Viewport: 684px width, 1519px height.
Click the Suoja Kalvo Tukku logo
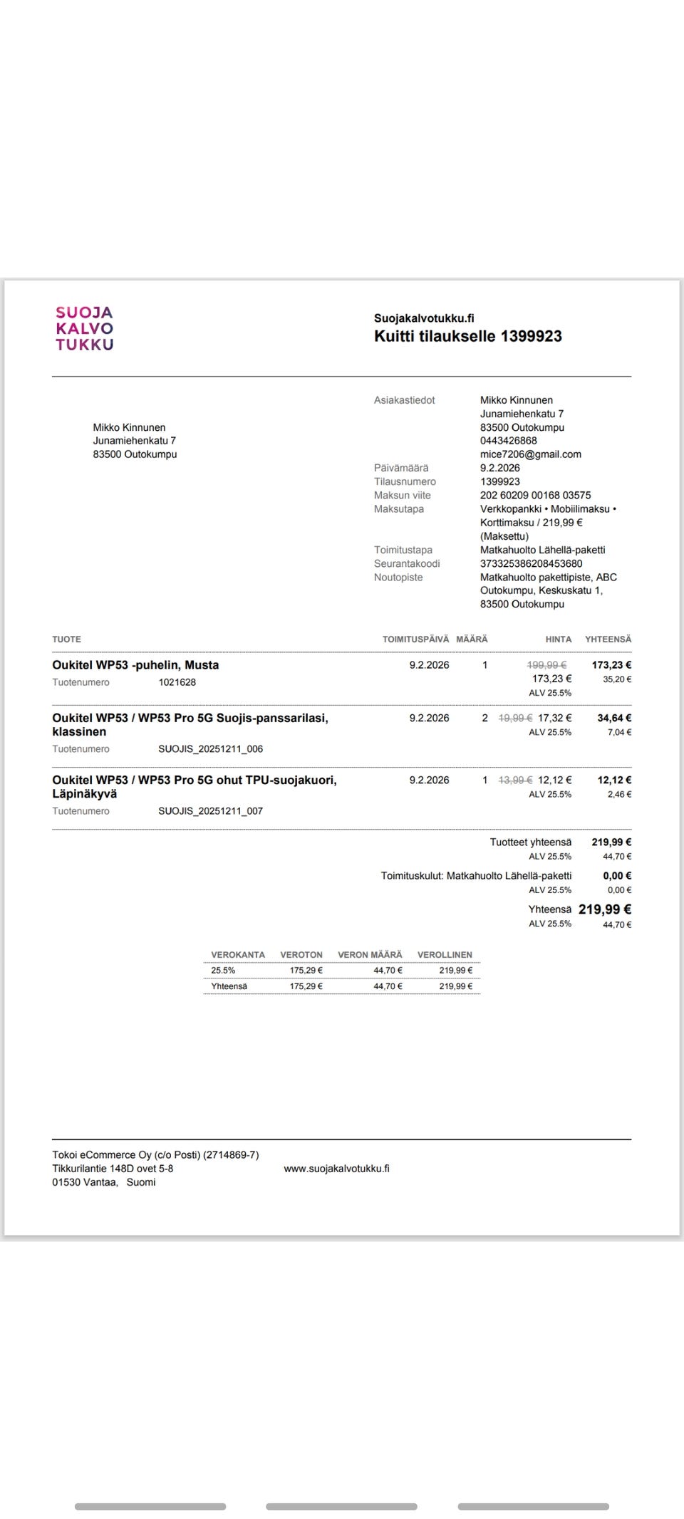pyautogui.click(x=84, y=328)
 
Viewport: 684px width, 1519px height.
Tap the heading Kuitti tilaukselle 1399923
pyautogui.click(x=467, y=336)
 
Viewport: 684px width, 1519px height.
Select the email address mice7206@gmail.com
pyautogui.click(x=530, y=454)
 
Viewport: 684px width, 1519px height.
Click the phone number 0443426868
pyautogui.click(x=508, y=441)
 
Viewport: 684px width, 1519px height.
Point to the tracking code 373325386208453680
pyautogui.click(x=531, y=563)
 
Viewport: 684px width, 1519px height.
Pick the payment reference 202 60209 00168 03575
pyautogui.click(x=535, y=495)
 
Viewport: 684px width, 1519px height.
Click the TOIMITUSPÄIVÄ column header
pyautogui.click(x=415, y=640)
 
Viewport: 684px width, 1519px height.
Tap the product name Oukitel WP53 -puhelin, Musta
pyautogui.click(x=135, y=665)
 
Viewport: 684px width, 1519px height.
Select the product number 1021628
pyautogui.click(x=177, y=682)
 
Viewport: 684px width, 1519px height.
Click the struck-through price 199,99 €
pyautogui.click(x=546, y=665)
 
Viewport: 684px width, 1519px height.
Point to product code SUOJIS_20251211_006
pyautogui.click(x=210, y=749)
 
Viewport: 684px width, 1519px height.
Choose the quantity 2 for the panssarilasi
pyautogui.click(x=484, y=718)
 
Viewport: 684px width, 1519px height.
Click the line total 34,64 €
pyautogui.click(x=614, y=718)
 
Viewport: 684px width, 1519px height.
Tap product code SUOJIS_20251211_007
pyautogui.click(x=210, y=811)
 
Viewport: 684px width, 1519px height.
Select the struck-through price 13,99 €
pyautogui.click(x=515, y=780)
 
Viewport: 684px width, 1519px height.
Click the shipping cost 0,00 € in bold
pyautogui.click(x=617, y=876)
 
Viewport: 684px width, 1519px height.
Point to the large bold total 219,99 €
pyautogui.click(x=604, y=909)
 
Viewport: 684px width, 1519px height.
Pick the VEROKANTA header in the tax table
pyautogui.click(x=237, y=955)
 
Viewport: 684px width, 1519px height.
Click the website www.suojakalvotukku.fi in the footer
pyautogui.click(x=336, y=1169)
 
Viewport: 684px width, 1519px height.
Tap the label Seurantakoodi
pyautogui.click(x=407, y=563)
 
